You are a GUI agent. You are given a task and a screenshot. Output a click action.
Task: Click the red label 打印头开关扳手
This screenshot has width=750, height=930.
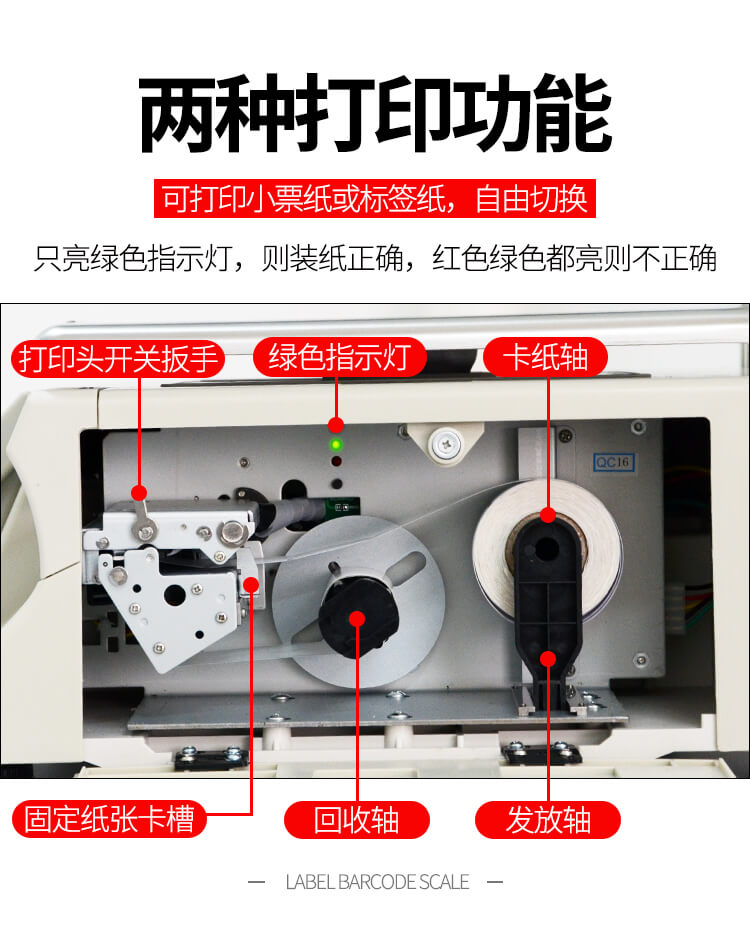(x=117, y=359)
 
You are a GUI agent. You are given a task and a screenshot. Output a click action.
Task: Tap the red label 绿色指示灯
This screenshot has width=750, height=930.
(x=340, y=357)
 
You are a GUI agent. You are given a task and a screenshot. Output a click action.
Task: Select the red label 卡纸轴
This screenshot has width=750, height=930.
(x=545, y=357)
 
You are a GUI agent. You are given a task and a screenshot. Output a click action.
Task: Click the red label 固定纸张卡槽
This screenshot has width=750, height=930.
(x=109, y=819)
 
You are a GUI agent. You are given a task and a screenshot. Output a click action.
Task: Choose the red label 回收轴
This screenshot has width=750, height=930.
(x=356, y=820)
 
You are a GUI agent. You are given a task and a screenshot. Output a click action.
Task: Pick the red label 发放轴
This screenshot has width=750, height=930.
(x=548, y=820)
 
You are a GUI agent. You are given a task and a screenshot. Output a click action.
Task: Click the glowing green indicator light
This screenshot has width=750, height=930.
(x=336, y=444)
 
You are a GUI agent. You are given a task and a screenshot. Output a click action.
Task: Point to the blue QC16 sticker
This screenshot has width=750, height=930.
(x=614, y=462)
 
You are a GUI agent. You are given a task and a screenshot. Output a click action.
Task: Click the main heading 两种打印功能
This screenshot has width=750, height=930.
(x=375, y=114)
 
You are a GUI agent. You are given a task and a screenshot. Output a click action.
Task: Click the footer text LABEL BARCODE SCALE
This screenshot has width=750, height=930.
(x=377, y=882)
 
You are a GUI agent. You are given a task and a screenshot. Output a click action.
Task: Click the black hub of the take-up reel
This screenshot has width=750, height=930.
(x=358, y=616)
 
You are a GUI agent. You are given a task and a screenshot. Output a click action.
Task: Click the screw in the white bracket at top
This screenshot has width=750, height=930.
(x=446, y=442)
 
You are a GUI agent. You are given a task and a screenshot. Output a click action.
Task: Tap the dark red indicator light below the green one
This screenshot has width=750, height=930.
(x=336, y=461)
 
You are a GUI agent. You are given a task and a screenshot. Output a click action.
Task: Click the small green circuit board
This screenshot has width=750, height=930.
(x=343, y=506)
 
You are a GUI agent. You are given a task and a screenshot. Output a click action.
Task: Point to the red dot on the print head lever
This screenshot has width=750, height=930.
(x=139, y=492)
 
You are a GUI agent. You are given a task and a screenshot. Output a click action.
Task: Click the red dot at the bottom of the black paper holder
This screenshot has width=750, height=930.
(x=548, y=658)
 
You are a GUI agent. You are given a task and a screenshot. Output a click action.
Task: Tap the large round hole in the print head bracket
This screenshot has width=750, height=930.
(x=174, y=594)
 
